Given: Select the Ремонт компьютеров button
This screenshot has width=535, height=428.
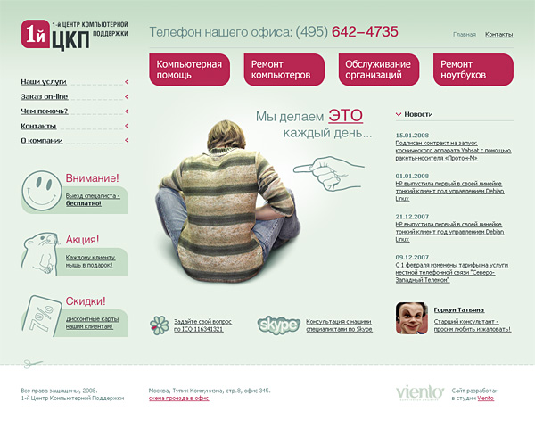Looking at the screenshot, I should (283, 70).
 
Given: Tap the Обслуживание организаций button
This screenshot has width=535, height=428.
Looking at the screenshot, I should (379, 70).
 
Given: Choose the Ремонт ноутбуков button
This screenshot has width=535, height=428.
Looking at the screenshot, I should (473, 70).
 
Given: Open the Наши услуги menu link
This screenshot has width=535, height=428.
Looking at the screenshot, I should (44, 81).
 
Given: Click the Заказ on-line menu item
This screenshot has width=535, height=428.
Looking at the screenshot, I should (45, 96).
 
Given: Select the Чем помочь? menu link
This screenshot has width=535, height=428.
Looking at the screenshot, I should (45, 111).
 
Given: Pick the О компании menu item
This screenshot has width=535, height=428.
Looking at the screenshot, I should (42, 141).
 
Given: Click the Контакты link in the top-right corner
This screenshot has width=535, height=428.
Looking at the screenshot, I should (499, 34).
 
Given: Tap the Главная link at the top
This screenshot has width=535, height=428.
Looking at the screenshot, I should (465, 34).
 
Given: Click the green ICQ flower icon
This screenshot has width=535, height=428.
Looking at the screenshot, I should (159, 325).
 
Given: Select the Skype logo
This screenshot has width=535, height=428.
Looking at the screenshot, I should (277, 325).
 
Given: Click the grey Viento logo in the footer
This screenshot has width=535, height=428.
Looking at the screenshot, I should (418, 392).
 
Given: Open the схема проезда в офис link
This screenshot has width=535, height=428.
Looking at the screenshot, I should (178, 399).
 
